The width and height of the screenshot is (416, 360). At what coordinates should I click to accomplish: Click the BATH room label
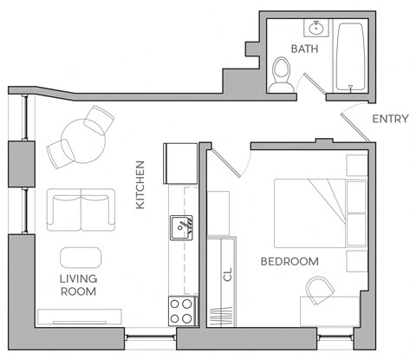coord(305,49)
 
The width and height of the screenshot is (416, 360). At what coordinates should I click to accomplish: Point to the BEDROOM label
coord(289,261)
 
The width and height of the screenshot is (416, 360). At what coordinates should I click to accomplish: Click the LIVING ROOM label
coord(78,285)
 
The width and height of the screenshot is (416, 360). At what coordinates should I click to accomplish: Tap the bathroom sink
coord(317,28)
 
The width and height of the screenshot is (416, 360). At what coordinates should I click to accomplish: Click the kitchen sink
coord(181,228)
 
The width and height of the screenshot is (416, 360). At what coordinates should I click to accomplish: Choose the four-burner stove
coord(181,310)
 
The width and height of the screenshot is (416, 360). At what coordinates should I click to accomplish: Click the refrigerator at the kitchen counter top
coord(183,161)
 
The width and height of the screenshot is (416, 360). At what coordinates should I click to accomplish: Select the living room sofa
coord(79,209)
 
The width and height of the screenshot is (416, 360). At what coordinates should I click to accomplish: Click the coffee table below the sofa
coord(81,258)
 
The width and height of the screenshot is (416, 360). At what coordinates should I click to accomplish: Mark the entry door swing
coord(355,126)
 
